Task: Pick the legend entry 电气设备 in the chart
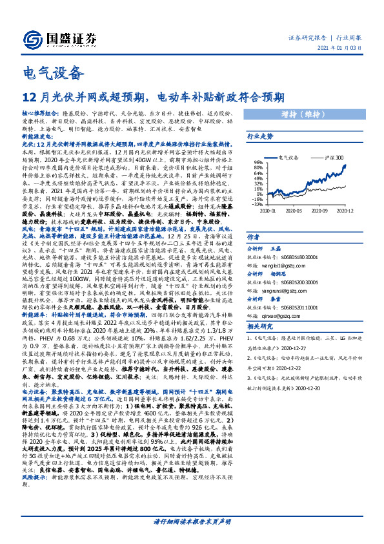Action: coord(287,157)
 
